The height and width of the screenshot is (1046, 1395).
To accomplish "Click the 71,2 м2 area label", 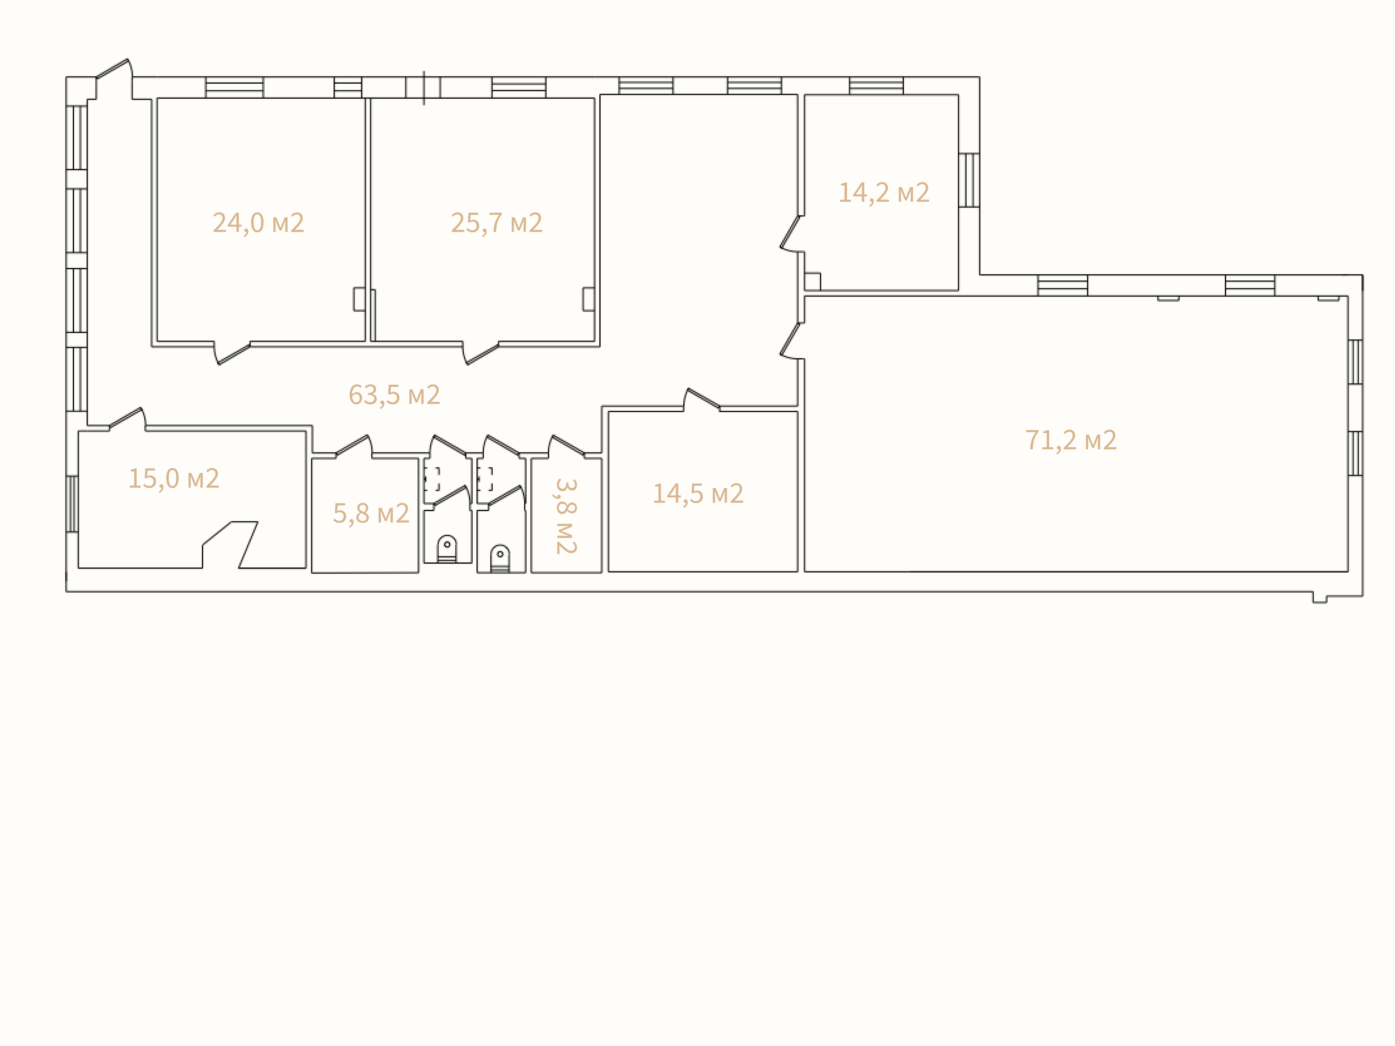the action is pos(1071,440).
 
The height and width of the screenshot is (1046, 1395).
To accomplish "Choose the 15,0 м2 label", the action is pos(173,478).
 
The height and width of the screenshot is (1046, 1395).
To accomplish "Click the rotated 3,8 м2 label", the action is pos(566,516).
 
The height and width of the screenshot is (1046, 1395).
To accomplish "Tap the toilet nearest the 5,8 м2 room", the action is pos(447,549).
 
